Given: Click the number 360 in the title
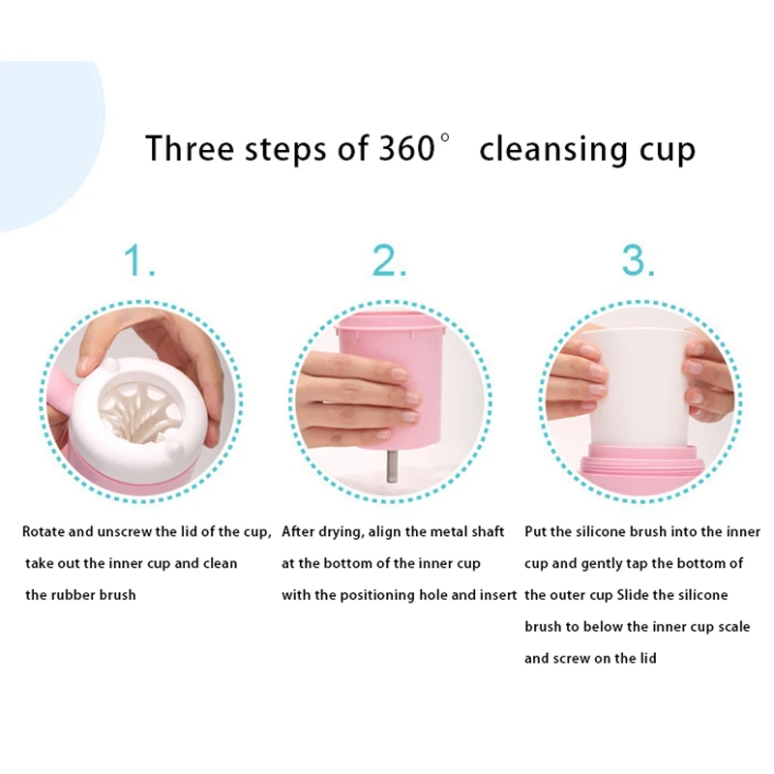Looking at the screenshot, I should coord(400,149).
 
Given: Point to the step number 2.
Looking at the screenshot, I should coord(389,261).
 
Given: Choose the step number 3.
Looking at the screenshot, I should coord(638,261).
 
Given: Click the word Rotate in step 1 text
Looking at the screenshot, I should coord(45,532).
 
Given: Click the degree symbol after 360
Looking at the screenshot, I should coord(445,138).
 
